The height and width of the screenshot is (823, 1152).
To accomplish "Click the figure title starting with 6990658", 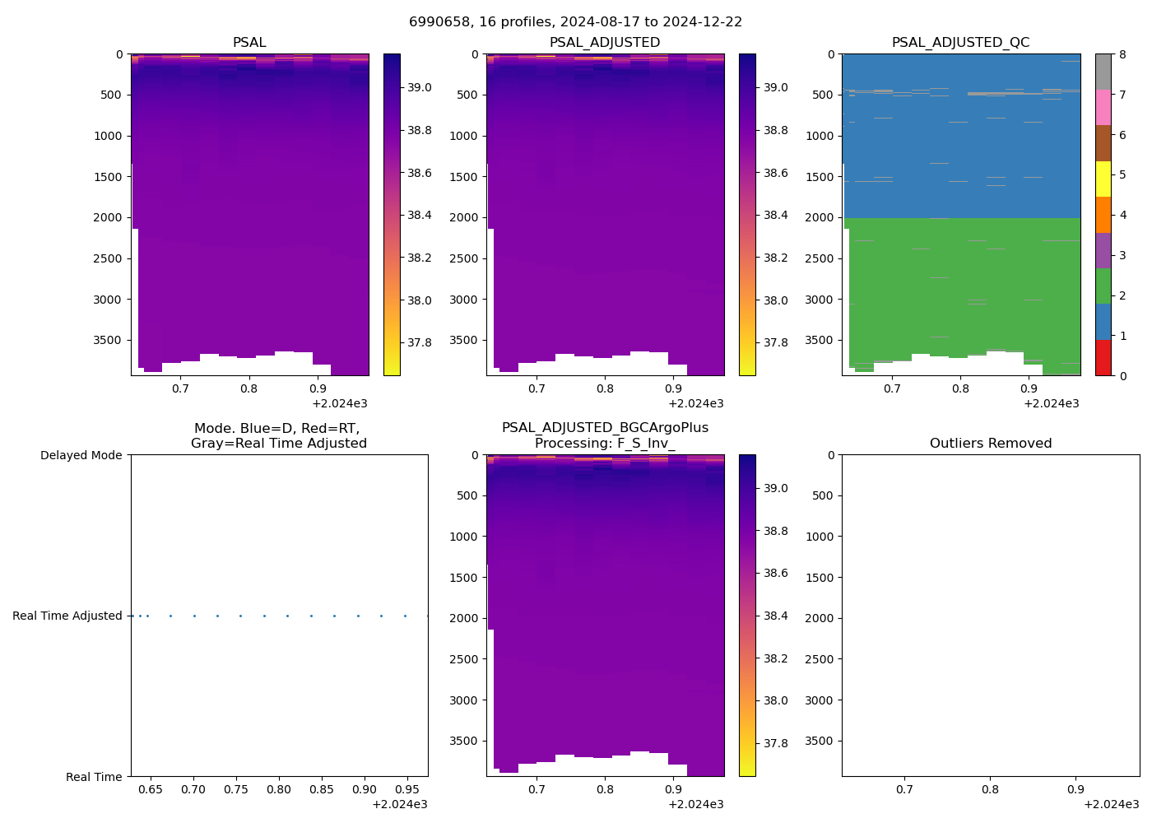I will click(x=575, y=22).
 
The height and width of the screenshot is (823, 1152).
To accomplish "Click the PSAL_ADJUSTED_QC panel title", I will click(x=960, y=43).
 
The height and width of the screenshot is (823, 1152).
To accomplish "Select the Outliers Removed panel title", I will click(x=990, y=444).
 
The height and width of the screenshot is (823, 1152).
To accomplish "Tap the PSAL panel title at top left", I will click(x=249, y=43).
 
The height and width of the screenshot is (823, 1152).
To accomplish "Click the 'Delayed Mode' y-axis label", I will click(x=81, y=455).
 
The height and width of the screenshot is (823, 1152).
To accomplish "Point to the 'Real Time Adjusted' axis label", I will click(x=67, y=616).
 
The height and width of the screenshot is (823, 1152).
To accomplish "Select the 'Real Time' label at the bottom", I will click(x=94, y=777).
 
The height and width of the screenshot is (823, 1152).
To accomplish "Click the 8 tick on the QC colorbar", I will click(x=1122, y=54).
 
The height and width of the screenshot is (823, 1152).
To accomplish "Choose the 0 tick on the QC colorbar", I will click(x=1122, y=375).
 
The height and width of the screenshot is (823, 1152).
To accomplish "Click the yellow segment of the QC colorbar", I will click(x=1103, y=179).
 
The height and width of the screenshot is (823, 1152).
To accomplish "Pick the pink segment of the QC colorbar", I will click(x=1103, y=107).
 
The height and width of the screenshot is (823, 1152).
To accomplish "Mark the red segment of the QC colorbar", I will click(x=1103, y=358).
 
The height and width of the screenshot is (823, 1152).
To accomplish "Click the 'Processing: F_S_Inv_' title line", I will click(x=605, y=444).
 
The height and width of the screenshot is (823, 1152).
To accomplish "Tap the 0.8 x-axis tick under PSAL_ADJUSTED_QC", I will click(x=960, y=388).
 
